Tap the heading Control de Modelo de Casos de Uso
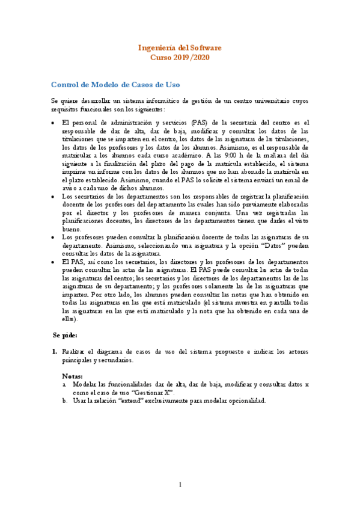pos(115,84)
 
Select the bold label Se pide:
pos(65,334)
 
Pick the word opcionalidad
pos(242,401)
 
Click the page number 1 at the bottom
pos(180,485)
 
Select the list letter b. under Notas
pos(64,401)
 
